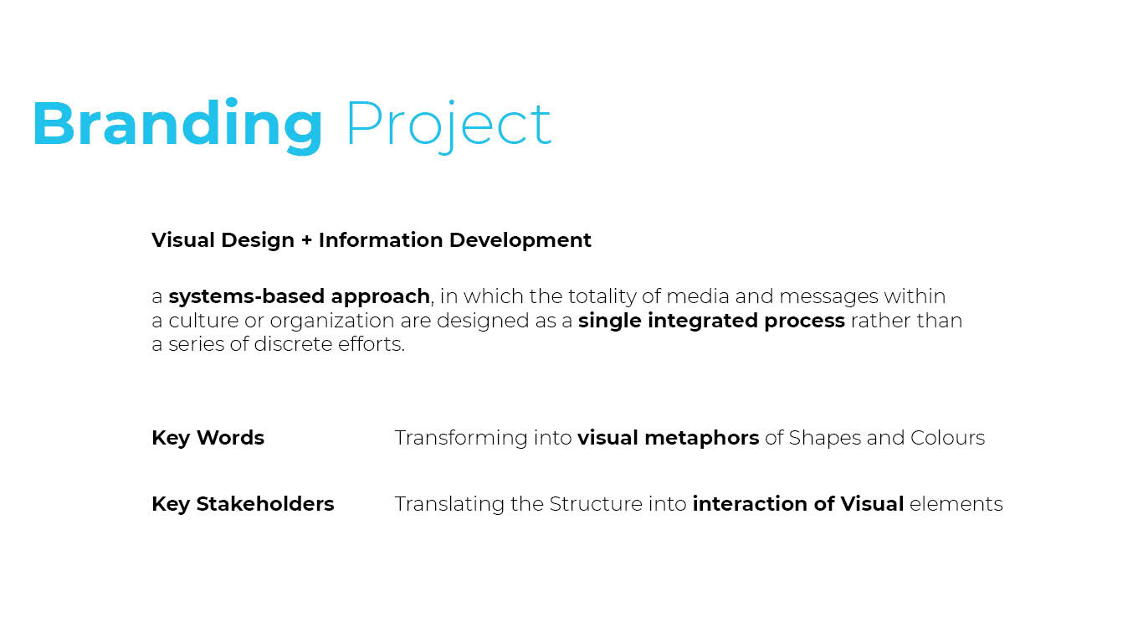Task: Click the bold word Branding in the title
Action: coord(177,125)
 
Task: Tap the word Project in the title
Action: coord(448,125)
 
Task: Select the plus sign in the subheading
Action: coord(306,240)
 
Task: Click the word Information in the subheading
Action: coord(381,239)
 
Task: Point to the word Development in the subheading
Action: coord(520,240)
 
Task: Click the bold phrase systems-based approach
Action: coord(299,296)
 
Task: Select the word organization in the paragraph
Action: coord(331,321)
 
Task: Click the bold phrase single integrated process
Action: coord(711,321)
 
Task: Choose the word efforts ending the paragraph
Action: coord(371,344)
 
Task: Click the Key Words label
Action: coord(208,438)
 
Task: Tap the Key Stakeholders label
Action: coord(243,504)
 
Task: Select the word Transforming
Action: coord(461,438)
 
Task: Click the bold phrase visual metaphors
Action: coord(668,438)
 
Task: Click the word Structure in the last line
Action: coord(596,504)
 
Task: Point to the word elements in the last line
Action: coord(956,504)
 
